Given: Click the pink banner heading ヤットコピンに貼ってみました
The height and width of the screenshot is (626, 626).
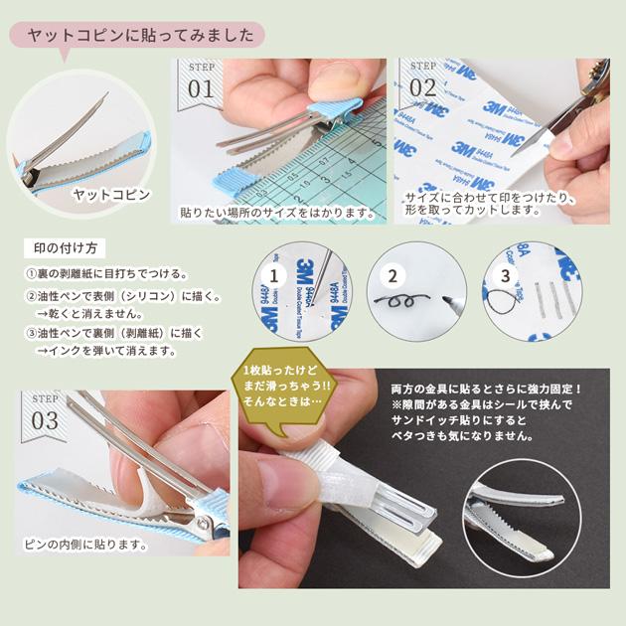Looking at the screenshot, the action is (x=137, y=35).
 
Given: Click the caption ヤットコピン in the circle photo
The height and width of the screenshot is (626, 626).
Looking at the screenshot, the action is (x=111, y=195).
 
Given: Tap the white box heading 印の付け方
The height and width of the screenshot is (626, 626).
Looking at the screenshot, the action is (x=65, y=248).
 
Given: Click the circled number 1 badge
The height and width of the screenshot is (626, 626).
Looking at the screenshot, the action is (x=274, y=276).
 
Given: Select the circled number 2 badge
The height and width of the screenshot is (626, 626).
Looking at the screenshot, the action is (x=392, y=276).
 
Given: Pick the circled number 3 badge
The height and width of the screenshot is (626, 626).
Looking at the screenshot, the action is (x=506, y=276).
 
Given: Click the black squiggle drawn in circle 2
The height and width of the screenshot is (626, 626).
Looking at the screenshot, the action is (x=401, y=301).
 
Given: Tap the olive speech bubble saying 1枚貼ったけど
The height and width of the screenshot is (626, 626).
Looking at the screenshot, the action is (x=284, y=388).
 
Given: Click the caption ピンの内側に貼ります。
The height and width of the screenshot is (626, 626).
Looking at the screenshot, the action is (x=85, y=545).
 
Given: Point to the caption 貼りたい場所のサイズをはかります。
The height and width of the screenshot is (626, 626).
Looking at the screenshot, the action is (x=278, y=213).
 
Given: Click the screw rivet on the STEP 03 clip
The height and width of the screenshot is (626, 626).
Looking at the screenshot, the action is (x=203, y=523).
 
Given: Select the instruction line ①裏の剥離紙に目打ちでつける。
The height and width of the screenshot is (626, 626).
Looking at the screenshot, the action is (x=107, y=274).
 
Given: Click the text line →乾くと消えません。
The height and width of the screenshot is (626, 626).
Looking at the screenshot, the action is (x=89, y=314).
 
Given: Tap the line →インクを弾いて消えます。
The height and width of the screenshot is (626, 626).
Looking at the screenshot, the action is (x=106, y=352).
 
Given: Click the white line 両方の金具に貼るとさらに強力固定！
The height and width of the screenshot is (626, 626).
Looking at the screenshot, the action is (x=486, y=389).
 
